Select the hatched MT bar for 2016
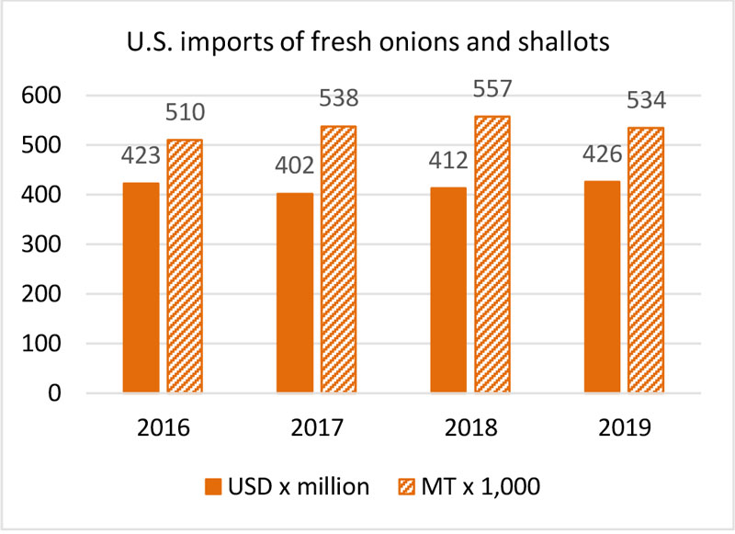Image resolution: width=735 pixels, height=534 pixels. (185, 267)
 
